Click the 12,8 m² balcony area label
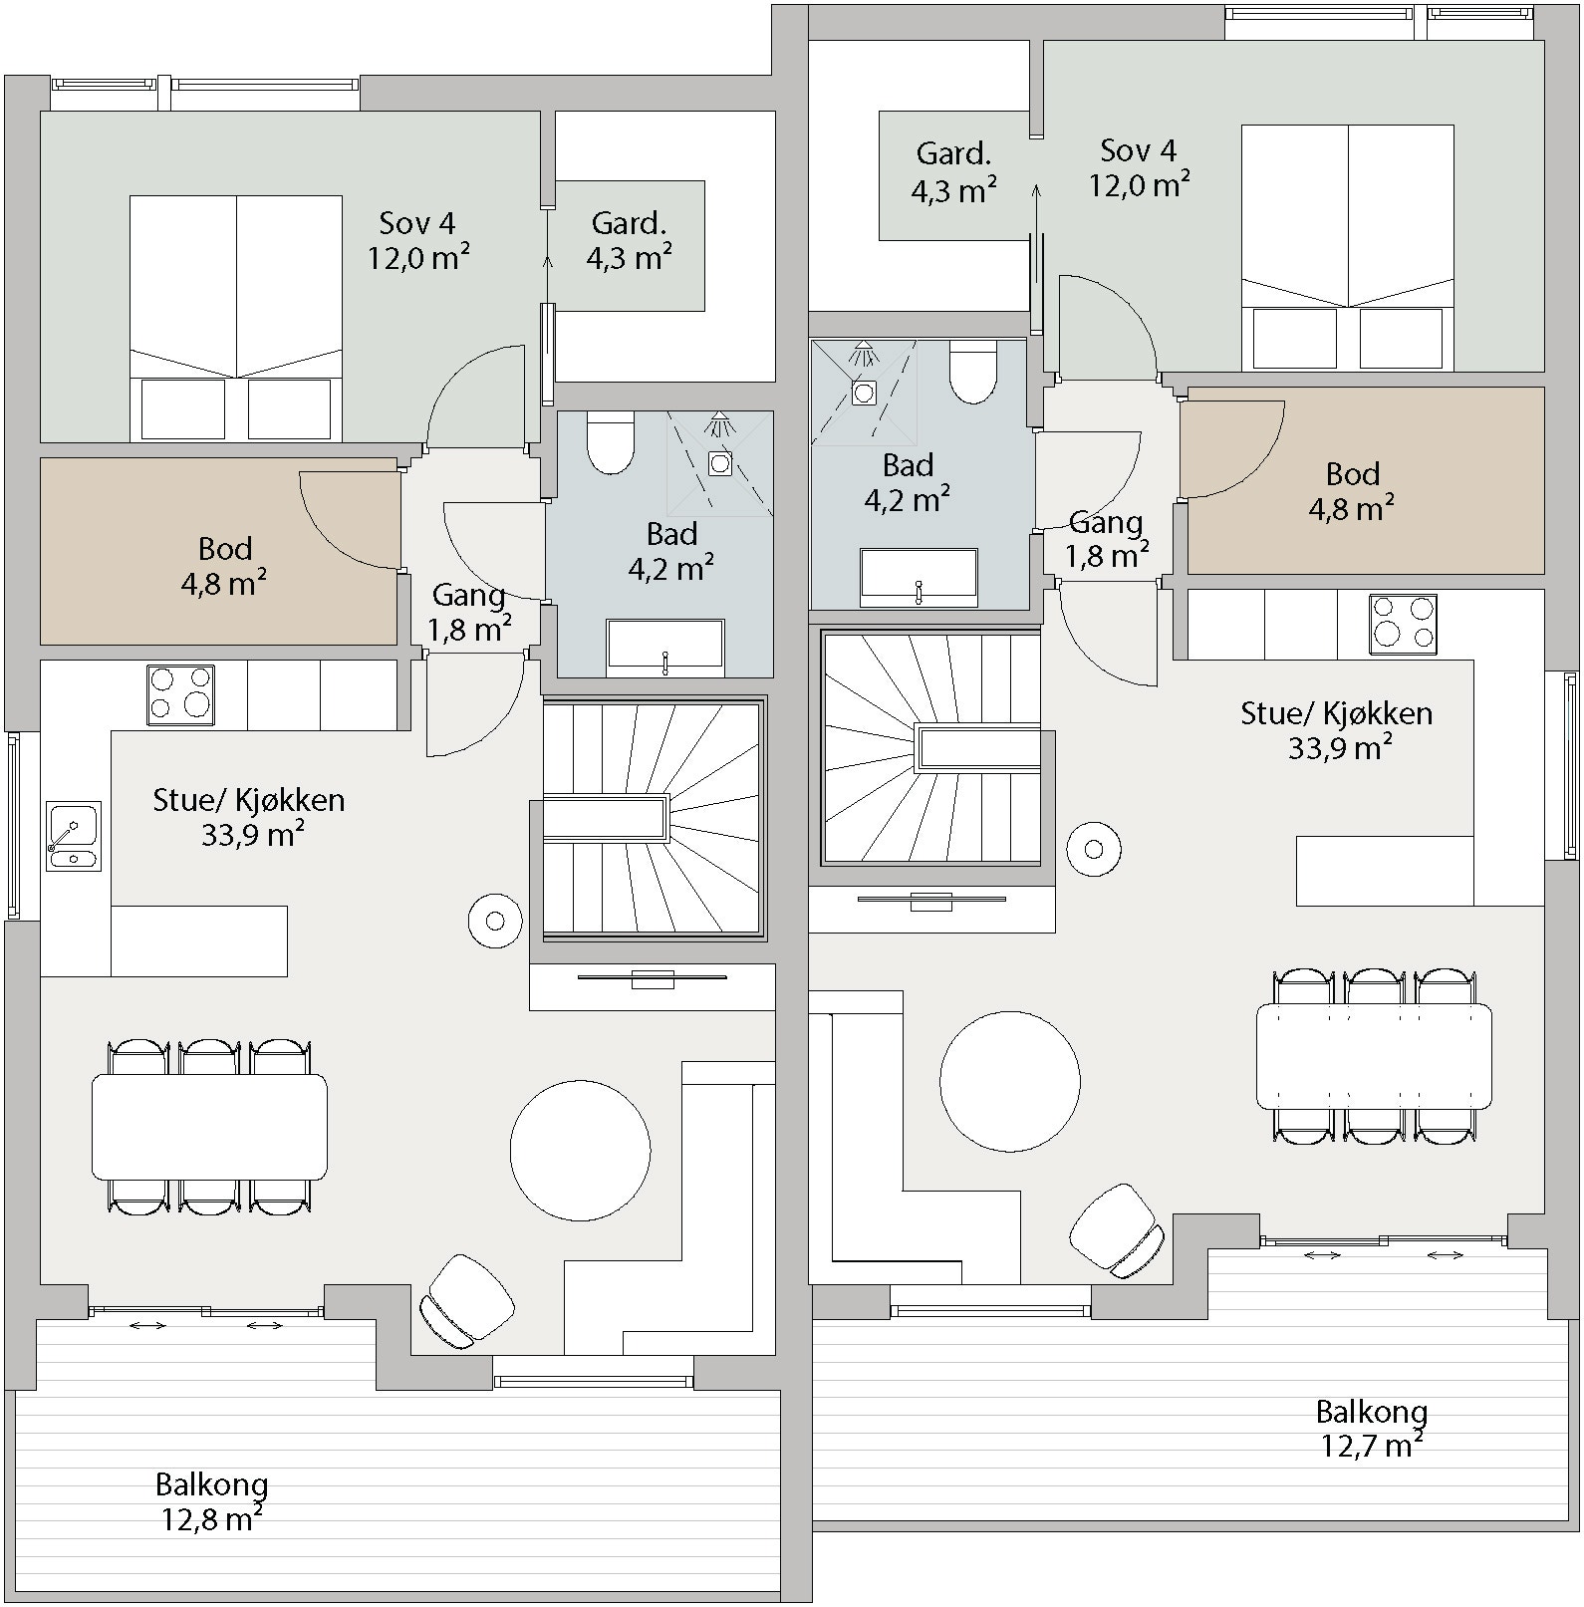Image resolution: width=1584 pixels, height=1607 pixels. point(211,1519)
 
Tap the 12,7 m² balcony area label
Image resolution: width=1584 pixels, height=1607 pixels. point(1371,1445)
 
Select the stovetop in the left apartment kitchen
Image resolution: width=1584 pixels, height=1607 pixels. point(180,694)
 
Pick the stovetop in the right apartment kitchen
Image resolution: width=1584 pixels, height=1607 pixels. point(1403,624)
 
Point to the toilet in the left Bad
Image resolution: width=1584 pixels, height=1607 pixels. point(611,442)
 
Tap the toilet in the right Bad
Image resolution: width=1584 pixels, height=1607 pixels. point(973,371)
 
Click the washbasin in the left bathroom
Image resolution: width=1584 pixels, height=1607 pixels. point(665,644)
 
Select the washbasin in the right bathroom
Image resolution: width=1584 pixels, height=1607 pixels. point(919,576)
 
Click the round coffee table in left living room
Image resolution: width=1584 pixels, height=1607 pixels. point(580,1151)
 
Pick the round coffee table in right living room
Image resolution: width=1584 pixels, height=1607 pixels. point(1009,1082)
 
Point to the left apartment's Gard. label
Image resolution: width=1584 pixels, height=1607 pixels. point(629,222)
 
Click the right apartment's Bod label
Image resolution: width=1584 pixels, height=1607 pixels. point(1352,474)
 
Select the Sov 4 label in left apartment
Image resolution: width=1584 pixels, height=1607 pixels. point(417,222)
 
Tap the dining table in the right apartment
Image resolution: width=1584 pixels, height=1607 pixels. point(1374,1056)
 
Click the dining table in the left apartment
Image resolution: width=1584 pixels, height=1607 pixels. point(209,1127)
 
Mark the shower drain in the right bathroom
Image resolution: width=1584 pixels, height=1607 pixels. point(864,393)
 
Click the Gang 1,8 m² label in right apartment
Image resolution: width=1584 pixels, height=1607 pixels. point(1106,539)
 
